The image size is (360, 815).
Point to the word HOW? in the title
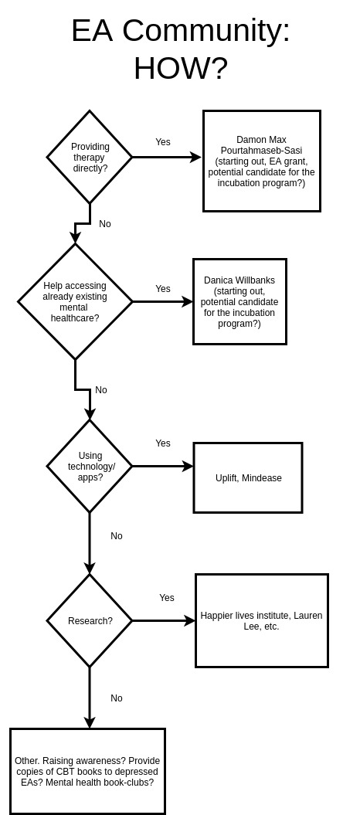pyautogui.click(x=180, y=68)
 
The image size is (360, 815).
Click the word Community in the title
pyautogui.click(x=205, y=31)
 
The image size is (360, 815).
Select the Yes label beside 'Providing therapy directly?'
pyautogui.click(x=162, y=142)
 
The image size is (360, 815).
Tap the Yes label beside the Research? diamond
pyautogui.click(x=167, y=598)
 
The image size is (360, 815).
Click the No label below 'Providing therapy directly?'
pyautogui.click(x=105, y=224)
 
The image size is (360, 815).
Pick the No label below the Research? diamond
pyautogui.click(x=117, y=698)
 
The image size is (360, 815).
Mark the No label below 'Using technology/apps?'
pyautogui.click(x=117, y=536)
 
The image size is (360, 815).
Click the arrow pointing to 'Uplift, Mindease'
pyautogui.click(x=162, y=467)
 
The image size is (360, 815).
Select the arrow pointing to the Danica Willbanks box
pyautogui.click(x=162, y=301)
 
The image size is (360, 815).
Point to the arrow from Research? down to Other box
pyautogui.click(x=90, y=698)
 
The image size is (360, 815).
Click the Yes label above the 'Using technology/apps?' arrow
pyautogui.click(x=162, y=443)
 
